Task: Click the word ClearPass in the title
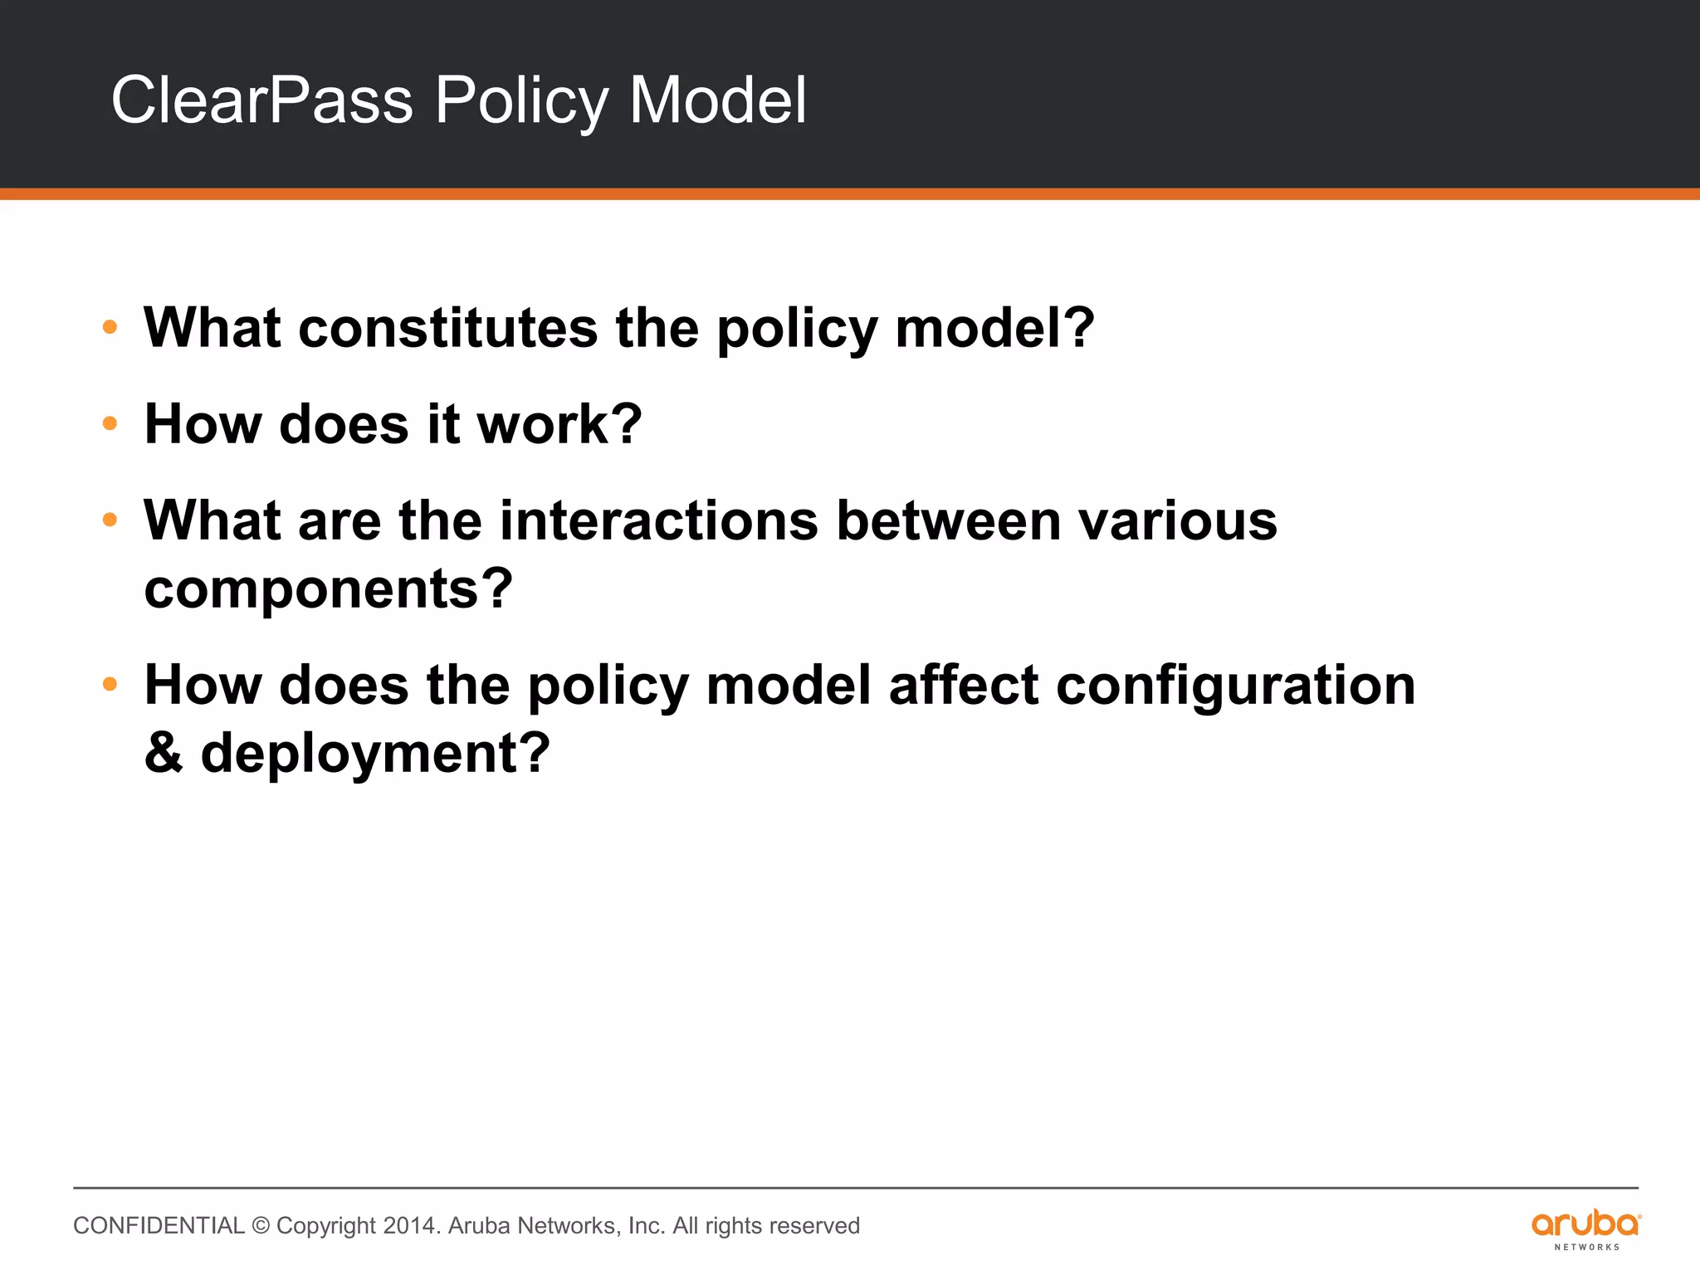pyautogui.click(x=261, y=100)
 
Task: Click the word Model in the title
pyautogui.click(x=717, y=100)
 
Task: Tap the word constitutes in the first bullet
pyautogui.click(x=447, y=328)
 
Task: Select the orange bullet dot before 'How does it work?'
pyautogui.click(x=110, y=424)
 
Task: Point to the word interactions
pyautogui.click(x=659, y=521)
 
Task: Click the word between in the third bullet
pyautogui.click(x=948, y=521)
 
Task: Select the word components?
pyautogui.click(x=329, y=589)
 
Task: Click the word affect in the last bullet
pyautogui.click(x=963, y=686)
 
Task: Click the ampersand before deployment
pyautogui.click(x=163, y=753)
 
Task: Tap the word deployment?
pyautogui.click(x=375, y=754)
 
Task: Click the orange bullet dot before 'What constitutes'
pyautogui.click(x=110, y=328)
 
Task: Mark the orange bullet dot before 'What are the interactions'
pyautogui.click(x=110, y=520)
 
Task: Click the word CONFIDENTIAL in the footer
pyautogui.click(x=159, y=1226)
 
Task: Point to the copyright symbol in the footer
pyautogui.click(x=261, y=1226)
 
